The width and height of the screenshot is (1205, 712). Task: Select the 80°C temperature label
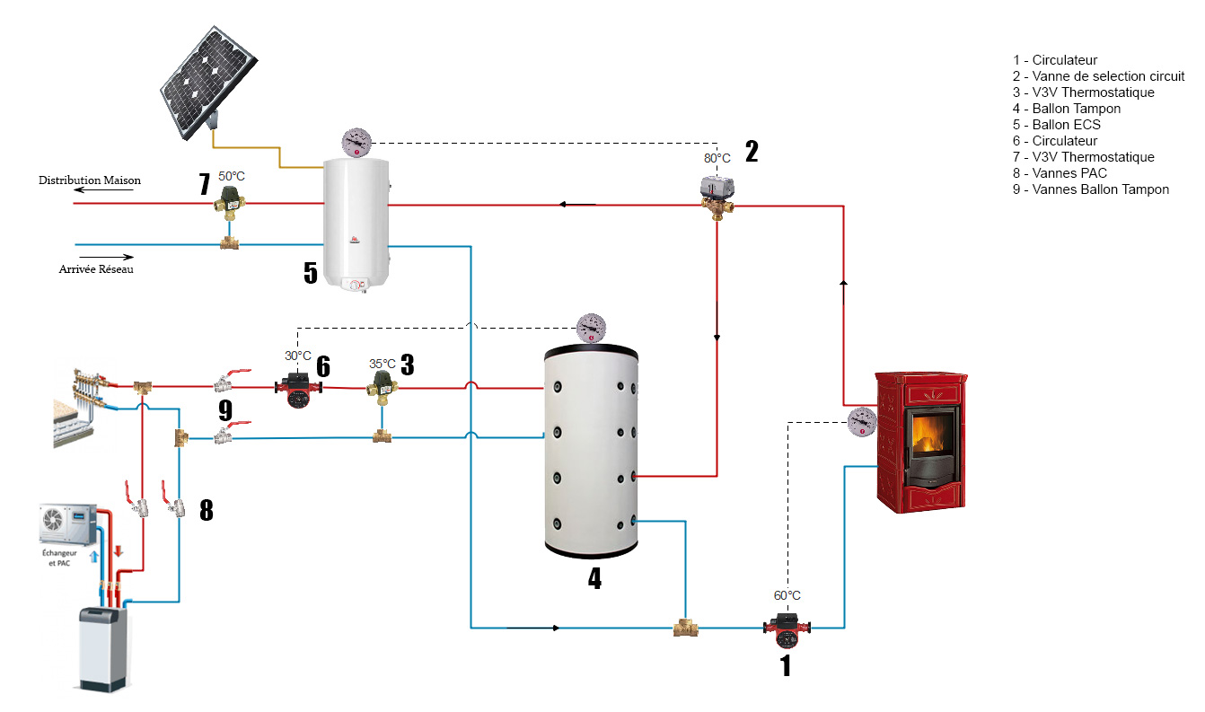(x=717, y=158)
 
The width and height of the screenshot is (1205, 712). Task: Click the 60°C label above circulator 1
(x=787, y=595)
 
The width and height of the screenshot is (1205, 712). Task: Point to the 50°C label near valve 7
(x=232, y=176)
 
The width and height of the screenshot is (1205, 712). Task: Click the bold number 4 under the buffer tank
(x=594, y=577)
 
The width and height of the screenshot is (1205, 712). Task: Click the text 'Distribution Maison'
(x=90, y=180)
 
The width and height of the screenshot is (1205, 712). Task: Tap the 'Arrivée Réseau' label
(x=96, y=269)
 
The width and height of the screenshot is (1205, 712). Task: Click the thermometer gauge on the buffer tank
(x=591, y=328)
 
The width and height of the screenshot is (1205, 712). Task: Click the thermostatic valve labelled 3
(x=383, y=390)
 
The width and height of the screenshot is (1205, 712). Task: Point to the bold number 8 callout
(x=206, y=510)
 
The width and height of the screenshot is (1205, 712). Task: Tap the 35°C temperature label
(x=383, y=364)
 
